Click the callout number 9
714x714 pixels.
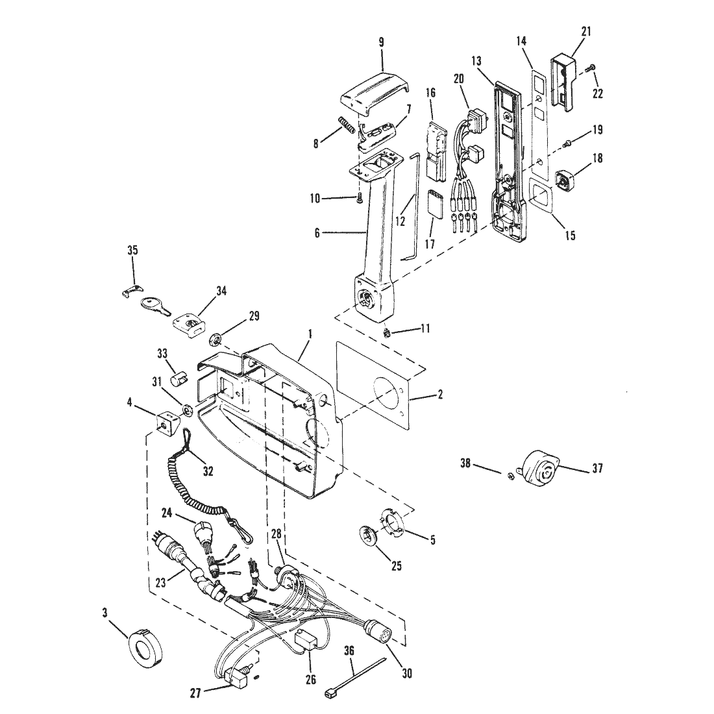pos(381,43)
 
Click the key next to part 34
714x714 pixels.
pos(156,306)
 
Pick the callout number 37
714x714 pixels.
pos(597,467)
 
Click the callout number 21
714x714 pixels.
pos(586,31)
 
